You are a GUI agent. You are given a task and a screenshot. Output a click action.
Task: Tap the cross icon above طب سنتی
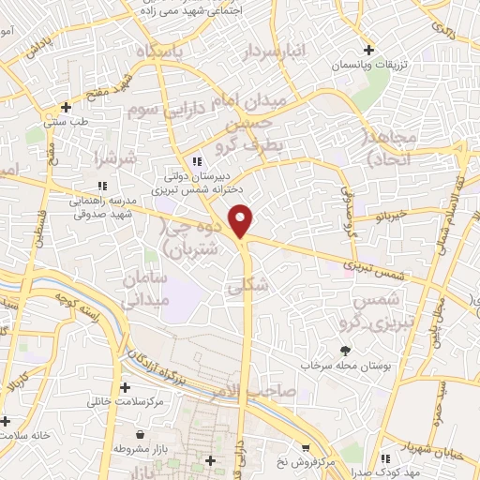[66, 107]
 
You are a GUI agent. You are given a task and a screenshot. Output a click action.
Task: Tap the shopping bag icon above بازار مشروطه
[141, 435]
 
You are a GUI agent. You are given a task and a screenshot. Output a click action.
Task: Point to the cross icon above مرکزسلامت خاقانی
[125, 387]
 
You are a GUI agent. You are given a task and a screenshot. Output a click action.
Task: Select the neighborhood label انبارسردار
[275, 53]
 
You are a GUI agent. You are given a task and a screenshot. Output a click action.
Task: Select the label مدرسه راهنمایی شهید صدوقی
[101, 206]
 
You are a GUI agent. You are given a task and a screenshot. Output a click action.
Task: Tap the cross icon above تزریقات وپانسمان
[368, 50]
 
